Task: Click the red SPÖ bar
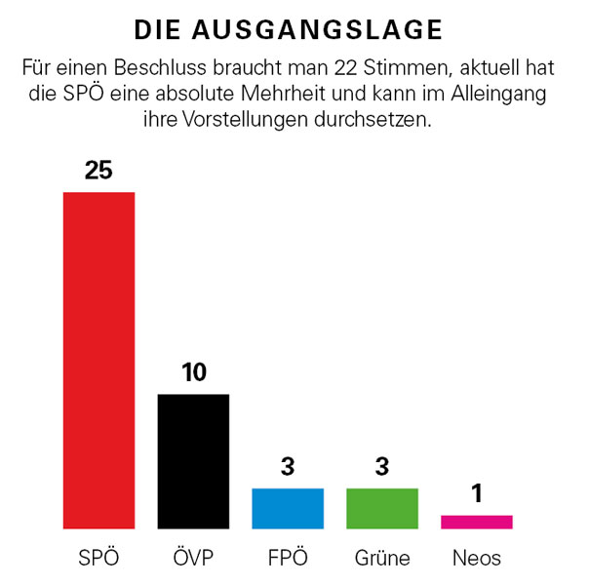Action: tap(98, 360)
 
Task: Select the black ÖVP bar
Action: tap(193, 461)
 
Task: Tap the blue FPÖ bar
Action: tap(287, 508)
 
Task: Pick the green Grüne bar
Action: tap(381, 508)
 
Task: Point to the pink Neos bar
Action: tap(476, 522)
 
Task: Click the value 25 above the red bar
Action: tap(98, 171)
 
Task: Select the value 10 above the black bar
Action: tap(193, 372)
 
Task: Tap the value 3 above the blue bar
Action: tap(287, 467)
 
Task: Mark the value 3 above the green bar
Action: tap(381, 467)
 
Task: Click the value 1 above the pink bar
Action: tap(476, 494)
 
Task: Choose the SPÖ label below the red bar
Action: tap(98, 559)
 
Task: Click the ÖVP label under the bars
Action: tap(193, 559)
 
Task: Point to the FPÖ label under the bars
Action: tap(287, 559)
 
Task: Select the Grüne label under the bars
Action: tap(381, 559)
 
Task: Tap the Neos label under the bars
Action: tap(476, 559)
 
